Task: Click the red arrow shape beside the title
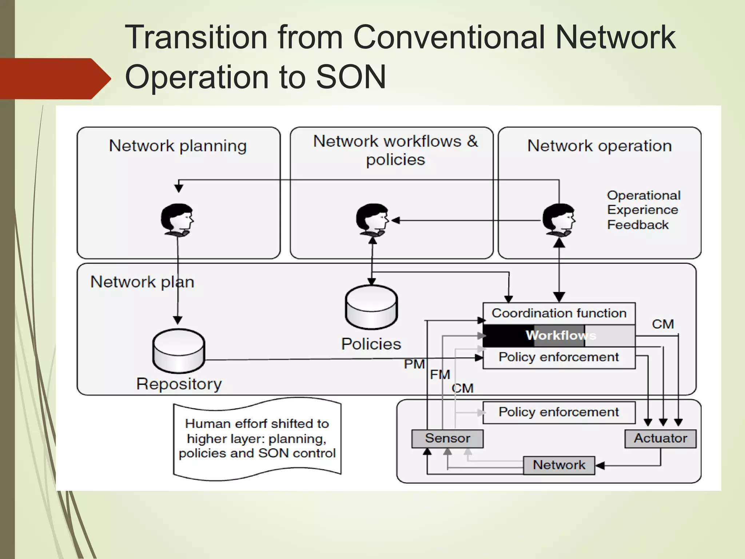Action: [55, 79]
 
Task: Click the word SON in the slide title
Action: [350, 77]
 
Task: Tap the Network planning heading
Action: [178, 146]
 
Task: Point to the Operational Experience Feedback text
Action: [643, 210]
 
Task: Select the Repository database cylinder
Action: [179, 351]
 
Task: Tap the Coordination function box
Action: [559, 313]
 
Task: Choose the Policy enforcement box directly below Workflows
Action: [559, 357]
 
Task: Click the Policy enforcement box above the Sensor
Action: [559, 412]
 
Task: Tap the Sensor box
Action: [447, 438]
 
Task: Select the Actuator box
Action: [660, 438]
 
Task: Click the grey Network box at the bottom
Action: [559, 465]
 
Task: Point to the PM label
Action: [414, 364]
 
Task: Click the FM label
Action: [440, 374]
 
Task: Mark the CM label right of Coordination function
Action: [663, 324]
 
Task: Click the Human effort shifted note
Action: [257, 439]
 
